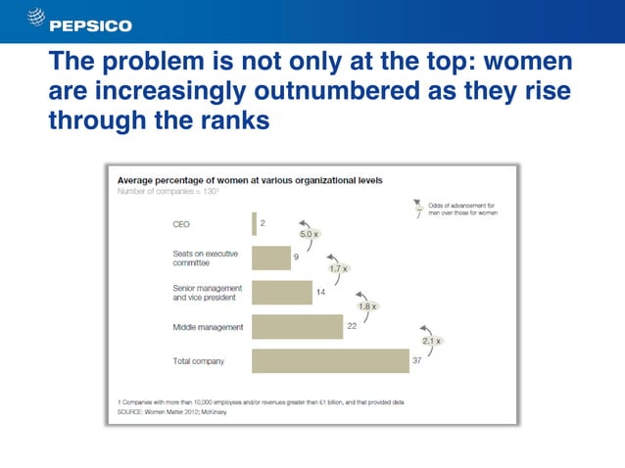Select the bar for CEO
point(254,223)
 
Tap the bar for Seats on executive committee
point(270,257)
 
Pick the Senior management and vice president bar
point(281,292)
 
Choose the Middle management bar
point(297,326)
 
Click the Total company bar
point(329,360)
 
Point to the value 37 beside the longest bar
point(416,360)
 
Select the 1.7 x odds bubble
point(339,268)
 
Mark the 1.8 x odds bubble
point(368,305)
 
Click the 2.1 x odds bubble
point(432,341)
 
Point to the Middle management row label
point(196,326)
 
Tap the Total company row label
point(192,361)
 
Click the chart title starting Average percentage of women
point(250,180)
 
